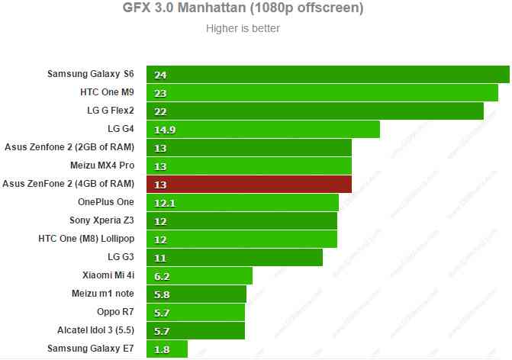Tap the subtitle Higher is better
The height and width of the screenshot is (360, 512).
click(243, 29)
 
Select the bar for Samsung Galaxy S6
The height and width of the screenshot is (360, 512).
click(328, 75)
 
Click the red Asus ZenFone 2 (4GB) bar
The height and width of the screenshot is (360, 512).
click(249, 185)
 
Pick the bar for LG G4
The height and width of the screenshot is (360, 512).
click(263, 130)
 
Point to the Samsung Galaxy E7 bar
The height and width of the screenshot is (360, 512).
click(167, 349)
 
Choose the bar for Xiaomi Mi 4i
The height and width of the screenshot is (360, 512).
click(199, 276)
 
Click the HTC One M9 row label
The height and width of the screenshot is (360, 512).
click(107, 92)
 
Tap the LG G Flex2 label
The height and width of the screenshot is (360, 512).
click(111, 111)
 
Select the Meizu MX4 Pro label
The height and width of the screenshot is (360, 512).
click(102, 166)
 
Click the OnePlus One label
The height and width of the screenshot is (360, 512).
click(105, 202)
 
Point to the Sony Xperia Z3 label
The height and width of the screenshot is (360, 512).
click(101, 220)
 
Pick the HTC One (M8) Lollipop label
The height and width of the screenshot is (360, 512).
click(86, 239)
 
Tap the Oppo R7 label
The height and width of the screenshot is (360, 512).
click(113, 312)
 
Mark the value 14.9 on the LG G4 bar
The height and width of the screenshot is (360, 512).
click(164, 130)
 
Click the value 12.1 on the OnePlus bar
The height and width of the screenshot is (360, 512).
click(164, 203)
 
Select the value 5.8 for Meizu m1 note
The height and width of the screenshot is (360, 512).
click(161, 294)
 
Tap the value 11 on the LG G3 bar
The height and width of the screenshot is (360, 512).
click(159, 258)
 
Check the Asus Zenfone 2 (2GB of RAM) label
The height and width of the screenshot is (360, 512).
click(69, 147)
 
